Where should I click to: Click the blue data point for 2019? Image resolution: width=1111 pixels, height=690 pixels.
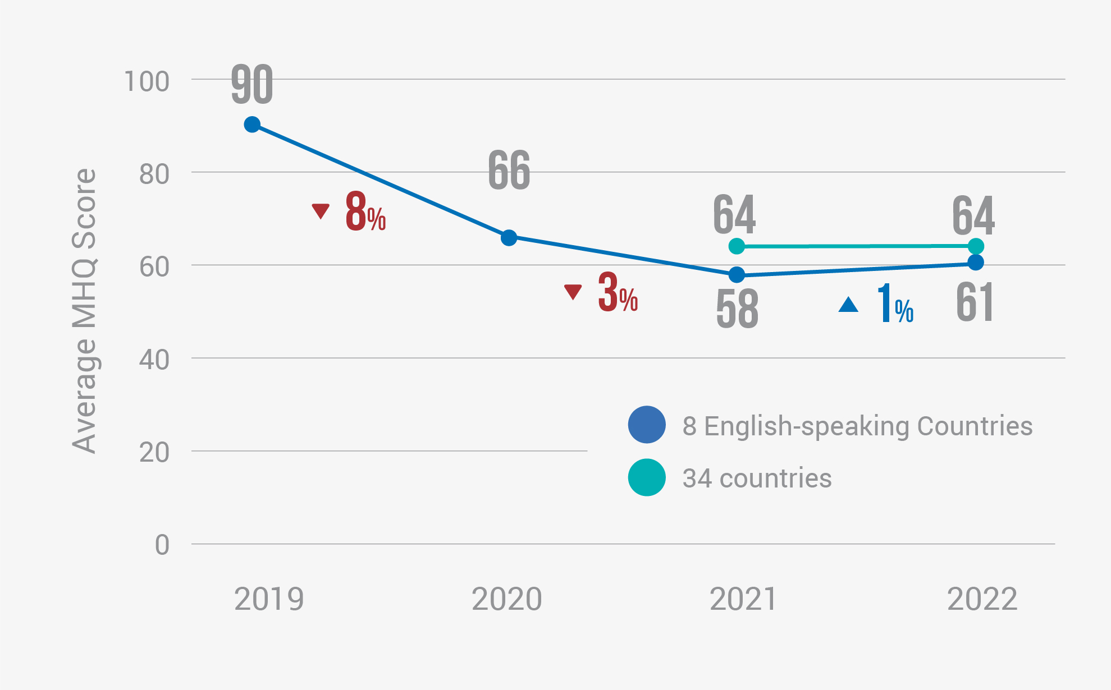(x=252, y=125)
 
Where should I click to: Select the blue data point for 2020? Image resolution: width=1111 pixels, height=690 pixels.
(x=509, y=238)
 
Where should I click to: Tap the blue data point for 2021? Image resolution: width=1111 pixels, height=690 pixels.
(x=737, y=275)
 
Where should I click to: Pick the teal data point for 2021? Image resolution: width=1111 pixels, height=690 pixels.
(x=737, y=246)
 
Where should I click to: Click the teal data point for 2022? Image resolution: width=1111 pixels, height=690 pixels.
(x=976, y=246)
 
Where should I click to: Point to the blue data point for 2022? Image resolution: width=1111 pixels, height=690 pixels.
(x=976, y=262)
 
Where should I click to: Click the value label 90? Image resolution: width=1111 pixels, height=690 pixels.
(x=252, y=85)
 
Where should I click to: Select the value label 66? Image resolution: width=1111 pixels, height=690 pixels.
(x=509, y=171)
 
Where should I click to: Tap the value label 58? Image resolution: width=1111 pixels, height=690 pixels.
(x=737, y=309)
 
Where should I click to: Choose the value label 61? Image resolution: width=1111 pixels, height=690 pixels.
(x=975, y=303)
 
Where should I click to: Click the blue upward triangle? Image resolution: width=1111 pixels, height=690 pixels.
(x=848, y=305)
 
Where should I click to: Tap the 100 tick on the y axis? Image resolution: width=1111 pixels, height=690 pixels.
(x=147, y=82)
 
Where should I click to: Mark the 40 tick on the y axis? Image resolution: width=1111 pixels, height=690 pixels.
(x=154, y=360)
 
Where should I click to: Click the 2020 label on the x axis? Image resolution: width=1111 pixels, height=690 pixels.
(x=506, y=599)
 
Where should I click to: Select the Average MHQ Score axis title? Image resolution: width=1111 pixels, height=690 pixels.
(x=85, y=311)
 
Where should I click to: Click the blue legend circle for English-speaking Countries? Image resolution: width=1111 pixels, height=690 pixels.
(x=647, y=425)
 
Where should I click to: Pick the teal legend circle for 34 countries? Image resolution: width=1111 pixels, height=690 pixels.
(x=647, y=477)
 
